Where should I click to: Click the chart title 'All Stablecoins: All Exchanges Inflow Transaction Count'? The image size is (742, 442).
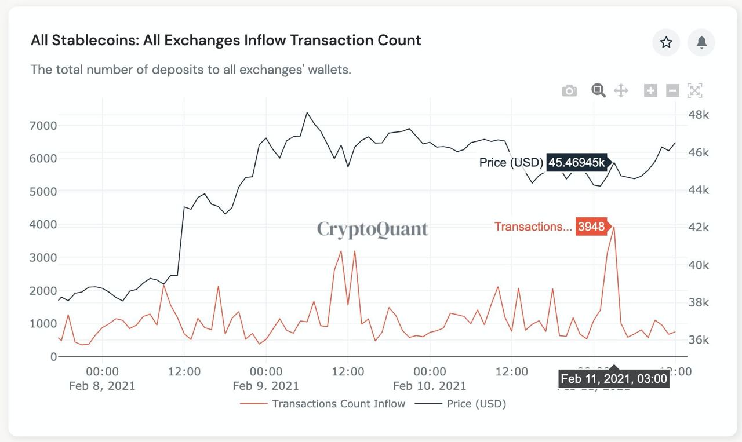point(225,41)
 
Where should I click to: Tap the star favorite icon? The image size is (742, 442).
point(666,42)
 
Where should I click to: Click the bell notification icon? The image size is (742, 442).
point(701,42)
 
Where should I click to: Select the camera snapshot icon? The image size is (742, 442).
point(569,91)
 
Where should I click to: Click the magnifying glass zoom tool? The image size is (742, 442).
point(598,90)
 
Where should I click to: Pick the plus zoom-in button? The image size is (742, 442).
point(650,90)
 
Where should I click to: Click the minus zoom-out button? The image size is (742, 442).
point(672,90)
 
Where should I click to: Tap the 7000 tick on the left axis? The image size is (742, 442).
point(43,126)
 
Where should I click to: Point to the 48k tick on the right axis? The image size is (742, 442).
point(698,115)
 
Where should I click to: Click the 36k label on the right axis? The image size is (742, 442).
point(698,340)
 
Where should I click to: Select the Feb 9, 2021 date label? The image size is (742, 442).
point(265,386)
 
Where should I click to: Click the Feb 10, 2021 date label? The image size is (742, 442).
point(429,386)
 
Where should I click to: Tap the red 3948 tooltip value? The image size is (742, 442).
point(591,227)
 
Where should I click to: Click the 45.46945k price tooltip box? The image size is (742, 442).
point(577,163)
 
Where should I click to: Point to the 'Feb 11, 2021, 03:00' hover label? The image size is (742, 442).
point(614,379)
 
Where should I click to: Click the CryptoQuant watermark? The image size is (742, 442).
point(372,229)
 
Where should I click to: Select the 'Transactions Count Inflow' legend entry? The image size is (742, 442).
point(338,404)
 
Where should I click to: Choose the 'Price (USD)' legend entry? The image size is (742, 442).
point(476,404)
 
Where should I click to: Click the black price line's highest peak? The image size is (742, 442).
point(307,112)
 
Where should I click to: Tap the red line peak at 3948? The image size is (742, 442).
point(614,227)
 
